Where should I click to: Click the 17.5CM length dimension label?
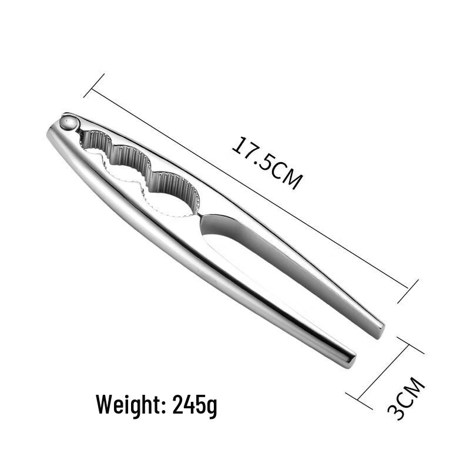(x=267, y=163)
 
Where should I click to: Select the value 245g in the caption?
(x=194, y=405)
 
